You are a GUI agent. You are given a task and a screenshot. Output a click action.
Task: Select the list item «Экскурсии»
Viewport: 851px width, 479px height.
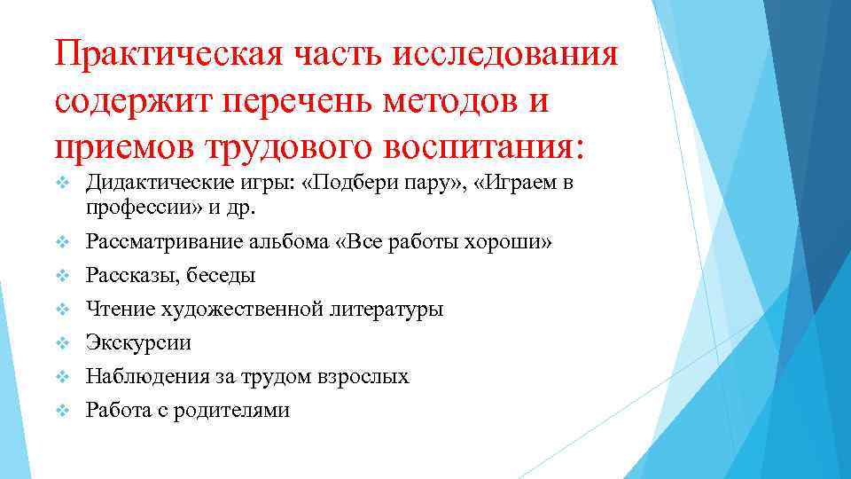click(137, 343)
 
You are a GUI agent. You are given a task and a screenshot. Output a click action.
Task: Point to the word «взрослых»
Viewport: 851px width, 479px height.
click(365, 377)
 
